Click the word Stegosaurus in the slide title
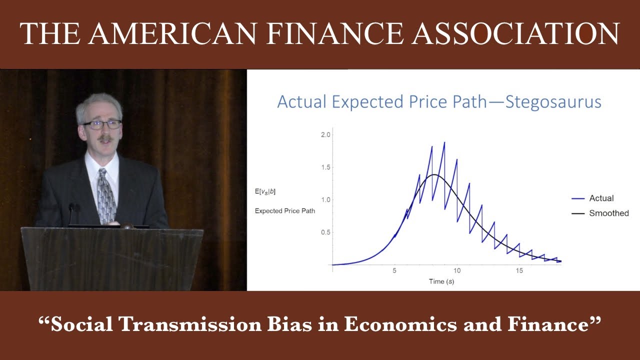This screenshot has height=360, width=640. tap(553, 102)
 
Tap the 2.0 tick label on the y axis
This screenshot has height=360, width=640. tap(325, 135)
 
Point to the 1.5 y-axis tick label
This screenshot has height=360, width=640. tap(325, 167)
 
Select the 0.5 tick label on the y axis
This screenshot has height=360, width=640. tap(325, 232)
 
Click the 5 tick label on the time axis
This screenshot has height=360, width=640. tap(394, 270)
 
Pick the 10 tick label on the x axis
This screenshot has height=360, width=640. tap(457, 270)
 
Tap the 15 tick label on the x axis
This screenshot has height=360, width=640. tap(519, 270)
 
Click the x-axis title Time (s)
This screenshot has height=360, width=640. tap(441, 281)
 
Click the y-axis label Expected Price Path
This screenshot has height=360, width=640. tap(285, 211)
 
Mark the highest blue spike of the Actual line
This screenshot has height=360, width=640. tap(444, 143)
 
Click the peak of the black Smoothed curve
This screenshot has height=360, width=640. tap(435, 174)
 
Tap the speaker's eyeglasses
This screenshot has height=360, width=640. tap(102, 124)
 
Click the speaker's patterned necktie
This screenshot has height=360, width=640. tap(106, 195)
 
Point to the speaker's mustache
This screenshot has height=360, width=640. tap(104, 137)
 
